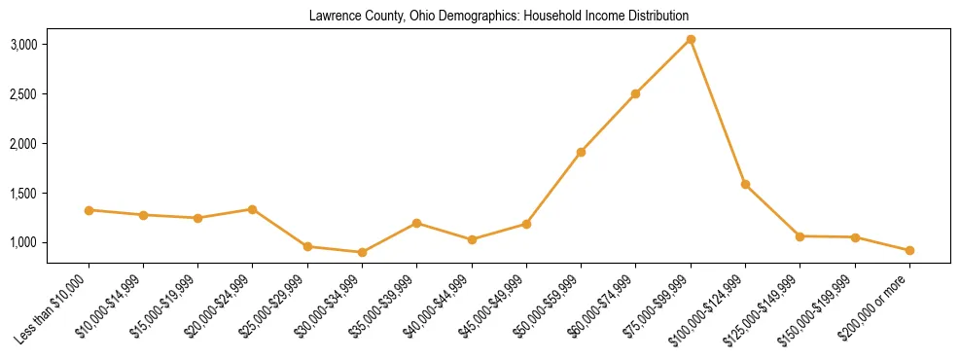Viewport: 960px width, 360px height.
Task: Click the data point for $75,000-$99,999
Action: [x=691, y=40]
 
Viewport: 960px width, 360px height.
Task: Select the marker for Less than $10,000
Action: [x=89, y=210]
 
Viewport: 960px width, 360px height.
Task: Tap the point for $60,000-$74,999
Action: [x=635, y=94]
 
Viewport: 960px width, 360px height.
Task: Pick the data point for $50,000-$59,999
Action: [x=581, y=152]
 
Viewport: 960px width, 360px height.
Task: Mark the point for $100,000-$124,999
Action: [x=745, y=184]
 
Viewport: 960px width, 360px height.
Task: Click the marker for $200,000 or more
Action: [x=909, y=250]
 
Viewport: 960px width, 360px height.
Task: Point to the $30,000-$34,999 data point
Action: [x=362, y=252]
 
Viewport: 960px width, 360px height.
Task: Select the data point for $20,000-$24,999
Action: [x=253, y=209]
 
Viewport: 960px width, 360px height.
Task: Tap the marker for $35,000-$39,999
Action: [x=416, y=223]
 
